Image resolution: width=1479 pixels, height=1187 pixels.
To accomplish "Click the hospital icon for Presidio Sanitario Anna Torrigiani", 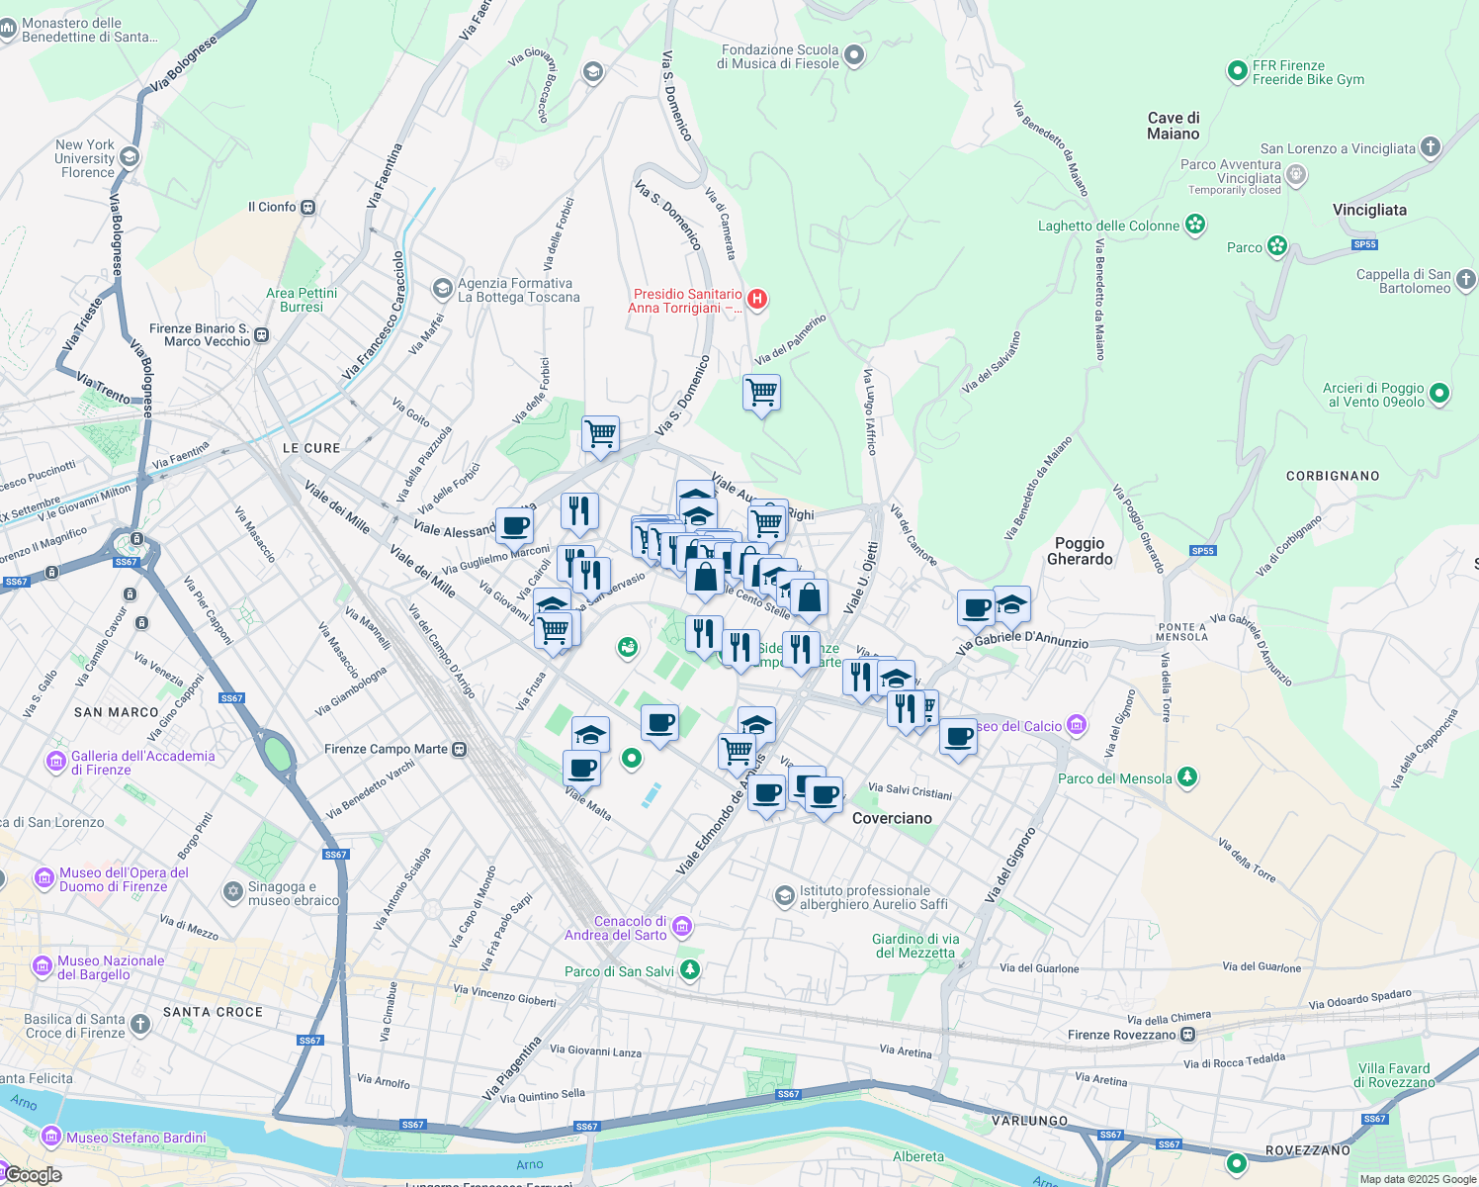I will pyautogui.click(x=757, y=300).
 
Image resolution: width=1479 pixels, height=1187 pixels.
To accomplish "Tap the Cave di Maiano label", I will pyautogui.click(x=1174, y=126).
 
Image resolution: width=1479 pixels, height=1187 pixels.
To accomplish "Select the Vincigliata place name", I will pyautogui.click(x=1369, y=210).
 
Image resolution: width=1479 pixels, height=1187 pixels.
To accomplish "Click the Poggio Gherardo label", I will pyautogui.click(x=1080, y=551).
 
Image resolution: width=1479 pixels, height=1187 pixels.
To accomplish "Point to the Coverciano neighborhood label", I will pyautogui.click(x=892, y=818).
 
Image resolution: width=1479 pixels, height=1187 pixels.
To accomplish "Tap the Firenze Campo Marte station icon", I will pyautogui.click(x=460, y=749).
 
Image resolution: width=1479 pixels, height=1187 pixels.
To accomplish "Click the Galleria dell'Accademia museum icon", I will pyautogui.click(x=56, y=762).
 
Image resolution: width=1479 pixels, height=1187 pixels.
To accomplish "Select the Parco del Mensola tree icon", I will pyautogui.click(x=1187, y=777).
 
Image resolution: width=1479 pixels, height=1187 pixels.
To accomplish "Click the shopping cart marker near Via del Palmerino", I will pyautogui.click(x=761, y=393).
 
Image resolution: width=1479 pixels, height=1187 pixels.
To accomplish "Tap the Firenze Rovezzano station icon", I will pyautogui.click(x=1187, y=1035).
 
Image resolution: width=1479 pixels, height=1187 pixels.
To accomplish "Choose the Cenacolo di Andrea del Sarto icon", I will pyautogui.click(x=682, y=927).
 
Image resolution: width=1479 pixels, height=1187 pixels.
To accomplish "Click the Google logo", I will pyautogui.click(x=33, y=1175).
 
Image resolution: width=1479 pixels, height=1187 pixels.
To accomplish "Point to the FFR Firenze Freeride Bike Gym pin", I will pyautogui.click(x=1237, y=71).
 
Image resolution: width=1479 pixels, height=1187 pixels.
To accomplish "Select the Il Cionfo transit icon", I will pyautogui.click(x=308, y=208).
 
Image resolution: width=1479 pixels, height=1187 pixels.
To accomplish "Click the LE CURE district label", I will pyautogui.click(x=311, y=448).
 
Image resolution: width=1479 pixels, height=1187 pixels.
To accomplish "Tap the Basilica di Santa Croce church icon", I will pyautogui.click(x=140, y=1024).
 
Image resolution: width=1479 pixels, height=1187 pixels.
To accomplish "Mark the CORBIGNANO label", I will pyautogui.click(x=1333, y=476).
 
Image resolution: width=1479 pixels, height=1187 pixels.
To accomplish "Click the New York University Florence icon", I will pyautogui.click(x=129, y=157).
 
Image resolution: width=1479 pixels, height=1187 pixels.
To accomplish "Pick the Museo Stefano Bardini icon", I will pyautogui.click(x=51, y=1137).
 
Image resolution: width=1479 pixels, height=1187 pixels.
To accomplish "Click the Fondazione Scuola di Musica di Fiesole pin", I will pyautogui.click(x=854, y=55).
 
